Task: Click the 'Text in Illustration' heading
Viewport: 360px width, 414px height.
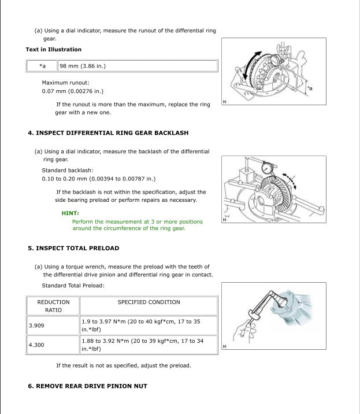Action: coord(54,50)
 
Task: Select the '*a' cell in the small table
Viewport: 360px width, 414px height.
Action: coord(42,66)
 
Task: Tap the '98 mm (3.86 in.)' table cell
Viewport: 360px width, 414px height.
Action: coord(83,66)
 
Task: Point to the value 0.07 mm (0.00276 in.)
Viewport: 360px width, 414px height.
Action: coord(73,91)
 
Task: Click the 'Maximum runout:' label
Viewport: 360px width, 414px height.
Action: coord(65,83)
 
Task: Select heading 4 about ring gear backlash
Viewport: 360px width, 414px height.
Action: coord(108,133)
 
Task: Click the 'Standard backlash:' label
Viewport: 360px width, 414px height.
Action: coord(68,170)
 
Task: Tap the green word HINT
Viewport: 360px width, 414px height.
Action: coord(70,213)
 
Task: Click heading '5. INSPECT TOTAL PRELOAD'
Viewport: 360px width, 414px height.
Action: coord(73,248)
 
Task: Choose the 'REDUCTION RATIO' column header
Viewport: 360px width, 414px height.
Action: coord(53,306)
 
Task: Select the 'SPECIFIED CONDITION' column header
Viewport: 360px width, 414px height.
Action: coord(149,302)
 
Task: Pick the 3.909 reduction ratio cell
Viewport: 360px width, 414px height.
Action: coord(36,326)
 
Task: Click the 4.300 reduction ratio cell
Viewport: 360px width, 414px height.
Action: coord(36,345)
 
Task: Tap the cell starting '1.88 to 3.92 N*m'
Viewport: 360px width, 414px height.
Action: coord(142,345)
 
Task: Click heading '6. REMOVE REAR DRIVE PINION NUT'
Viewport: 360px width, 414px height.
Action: coord(87,386)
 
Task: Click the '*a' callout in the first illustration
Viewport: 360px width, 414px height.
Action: coord(310,88)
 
